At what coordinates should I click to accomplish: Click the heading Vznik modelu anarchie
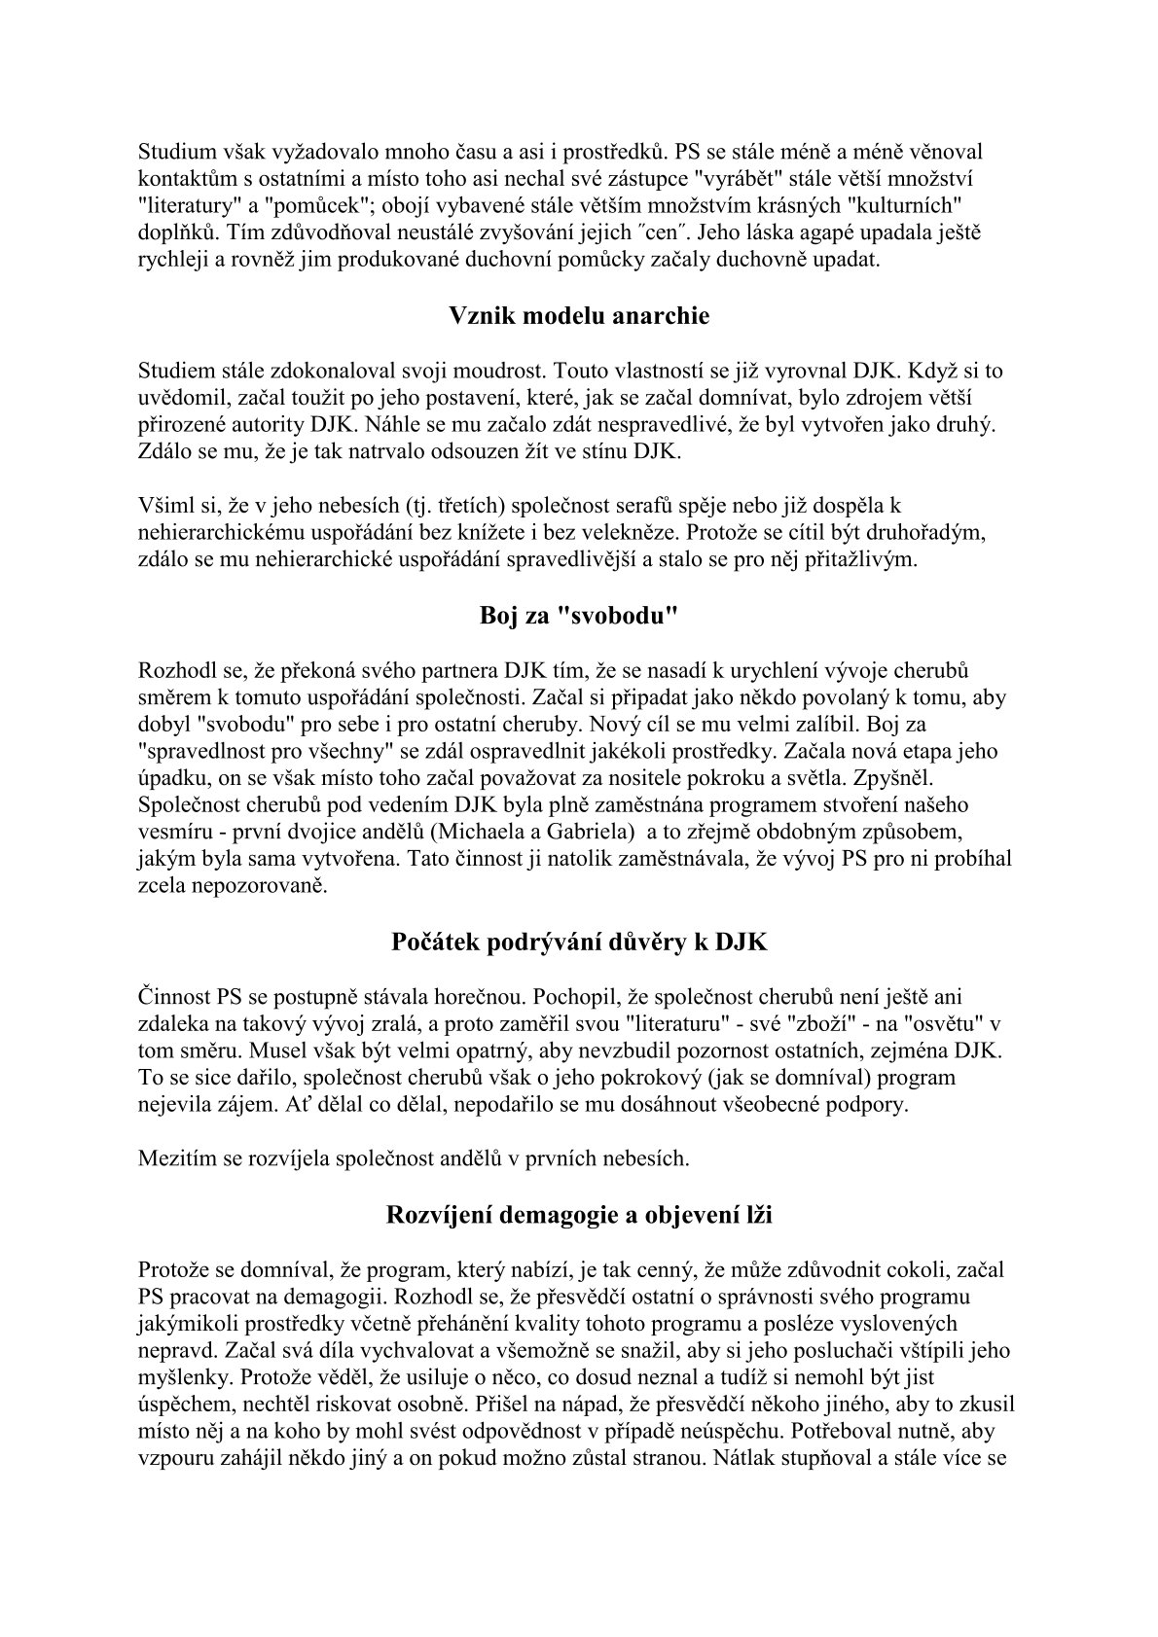click(x=579, y=316)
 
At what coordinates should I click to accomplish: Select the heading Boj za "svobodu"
click(x=579, y=617)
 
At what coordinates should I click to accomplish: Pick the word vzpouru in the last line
click(x=174, y=1459)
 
